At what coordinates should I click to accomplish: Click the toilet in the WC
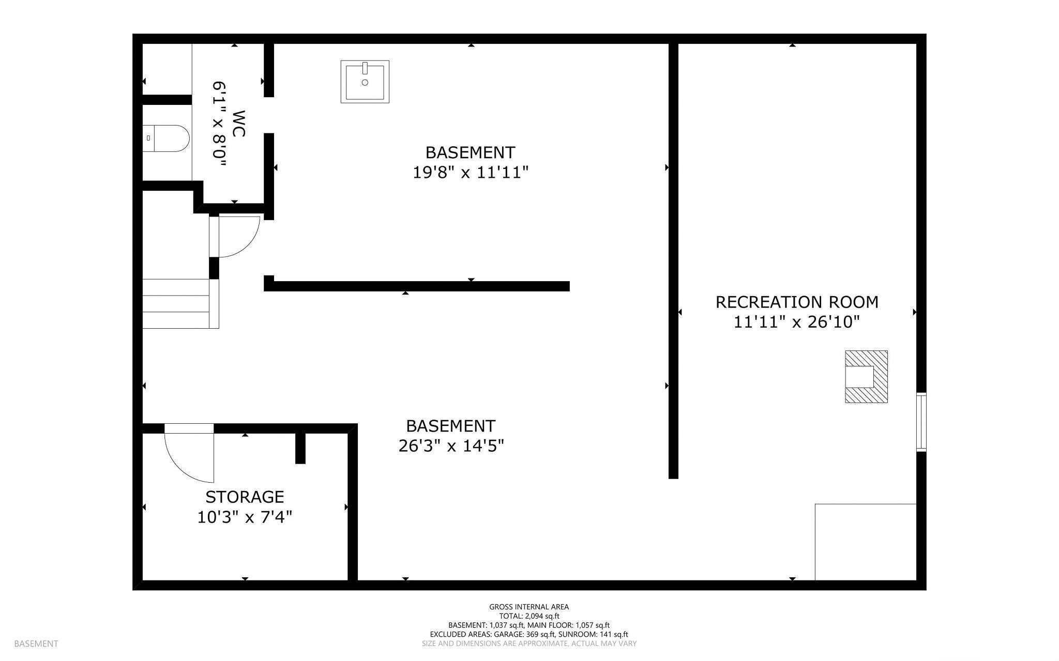(166, 139)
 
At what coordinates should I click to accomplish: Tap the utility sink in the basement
(365, 81)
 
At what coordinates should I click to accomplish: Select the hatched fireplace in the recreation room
(866, 377)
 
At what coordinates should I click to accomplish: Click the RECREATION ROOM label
(797, 302)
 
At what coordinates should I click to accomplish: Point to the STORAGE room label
(245, 497)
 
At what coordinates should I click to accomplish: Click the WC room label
(238, 124)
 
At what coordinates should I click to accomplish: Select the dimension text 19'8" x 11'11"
(471, 172)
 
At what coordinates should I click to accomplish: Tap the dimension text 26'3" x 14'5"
(451, 445)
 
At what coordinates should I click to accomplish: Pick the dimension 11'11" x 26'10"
(797, 322)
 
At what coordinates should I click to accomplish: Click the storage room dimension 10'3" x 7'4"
(245, 517)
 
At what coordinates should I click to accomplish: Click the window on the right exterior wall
(921, 422)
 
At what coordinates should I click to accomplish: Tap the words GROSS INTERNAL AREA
(529, 607)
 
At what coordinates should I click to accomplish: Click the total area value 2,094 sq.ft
(542, 616)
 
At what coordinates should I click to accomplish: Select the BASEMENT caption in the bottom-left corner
(36, 643)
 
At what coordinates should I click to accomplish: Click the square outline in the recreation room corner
(866, 542)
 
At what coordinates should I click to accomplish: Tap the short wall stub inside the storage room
(300, 448)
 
